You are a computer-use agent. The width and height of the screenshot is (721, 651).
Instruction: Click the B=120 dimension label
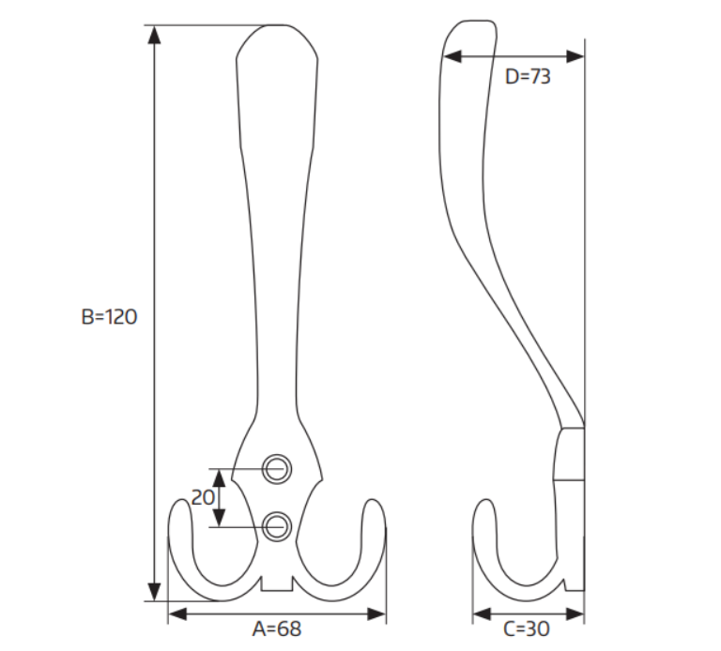[x=109, y=317]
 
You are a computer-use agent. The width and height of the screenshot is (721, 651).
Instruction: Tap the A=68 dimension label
[x=277, y=628]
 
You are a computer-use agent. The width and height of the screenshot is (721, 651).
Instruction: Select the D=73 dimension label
[x=528, y=76]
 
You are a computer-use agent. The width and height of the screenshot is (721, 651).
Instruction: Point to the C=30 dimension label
[x=527, y=628]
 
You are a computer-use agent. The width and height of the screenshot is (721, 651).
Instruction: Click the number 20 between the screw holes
[x=203, y=497]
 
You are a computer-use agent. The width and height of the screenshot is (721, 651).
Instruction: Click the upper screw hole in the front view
[x=277, y=469]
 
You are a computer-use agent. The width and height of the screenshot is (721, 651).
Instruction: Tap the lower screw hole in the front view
[x=277, y=526]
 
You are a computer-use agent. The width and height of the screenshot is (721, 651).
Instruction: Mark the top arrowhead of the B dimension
[x=155, y=35]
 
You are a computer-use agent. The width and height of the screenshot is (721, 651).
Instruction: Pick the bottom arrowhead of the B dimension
[x=155, y=591]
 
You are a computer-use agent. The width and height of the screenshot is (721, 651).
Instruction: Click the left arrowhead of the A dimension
[x=177, y=613]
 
